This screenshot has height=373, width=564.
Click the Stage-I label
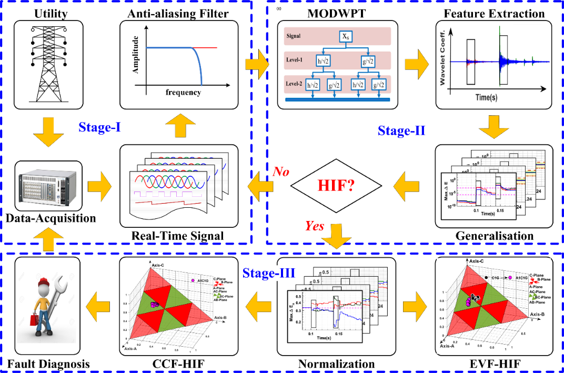pyautogui.click(x=98, y=127)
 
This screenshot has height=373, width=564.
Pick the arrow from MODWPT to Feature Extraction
pyautogui.click(x=416, y=64)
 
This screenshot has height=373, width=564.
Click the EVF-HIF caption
pyautogui.click(x=494, y=364)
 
